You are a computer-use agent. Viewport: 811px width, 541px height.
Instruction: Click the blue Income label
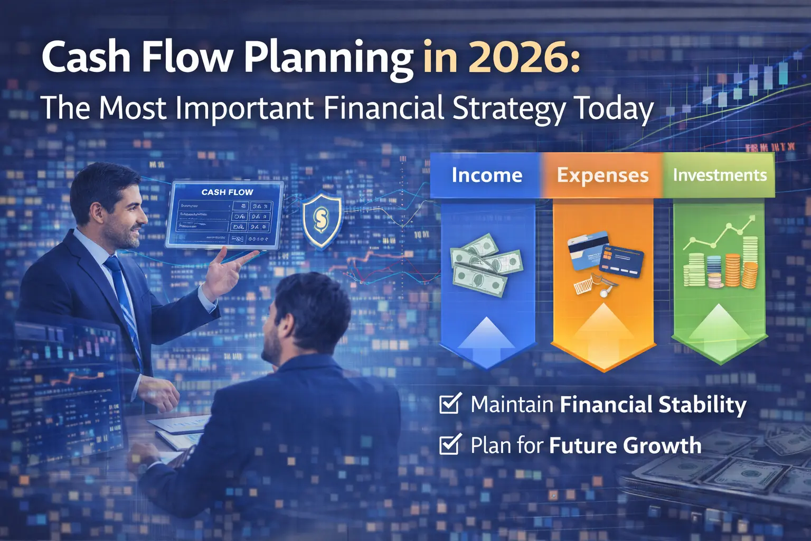(486, 175)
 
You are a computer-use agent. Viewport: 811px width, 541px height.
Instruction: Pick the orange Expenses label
(602, 175)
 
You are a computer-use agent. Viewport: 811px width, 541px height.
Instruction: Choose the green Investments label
(719, 175)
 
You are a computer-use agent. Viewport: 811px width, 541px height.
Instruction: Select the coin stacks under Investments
(721, 267)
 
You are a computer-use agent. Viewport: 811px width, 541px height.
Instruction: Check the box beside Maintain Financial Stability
(450, 404)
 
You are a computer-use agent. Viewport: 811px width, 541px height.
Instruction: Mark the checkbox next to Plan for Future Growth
(450, 445)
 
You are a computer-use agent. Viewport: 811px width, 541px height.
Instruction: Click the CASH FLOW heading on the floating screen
(227, 192)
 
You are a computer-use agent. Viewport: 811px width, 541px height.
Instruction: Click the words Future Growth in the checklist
(625, 445)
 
